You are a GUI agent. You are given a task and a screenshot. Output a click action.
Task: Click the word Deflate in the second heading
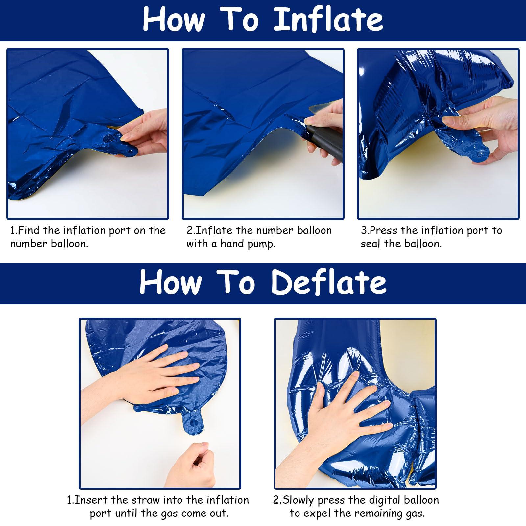tap(329, 282)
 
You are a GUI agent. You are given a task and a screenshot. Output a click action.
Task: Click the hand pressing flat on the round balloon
tap(148, 378)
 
